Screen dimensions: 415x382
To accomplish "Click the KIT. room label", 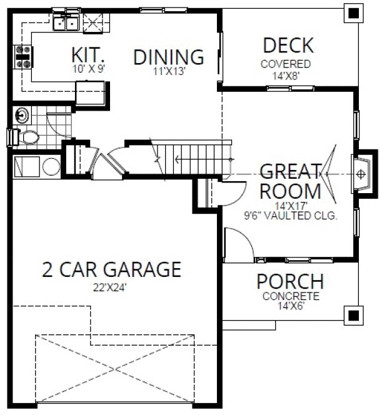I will click(x=87, y=55).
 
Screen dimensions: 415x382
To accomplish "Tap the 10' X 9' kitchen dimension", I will click(x=87, y=69).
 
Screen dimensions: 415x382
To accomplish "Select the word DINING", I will click(x=169, y=57).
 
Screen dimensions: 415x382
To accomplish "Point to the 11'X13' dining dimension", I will click(x=169, y=71).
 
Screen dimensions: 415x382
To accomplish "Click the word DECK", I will click(x=288, y=46).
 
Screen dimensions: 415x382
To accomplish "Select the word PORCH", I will click(x=290, y=282).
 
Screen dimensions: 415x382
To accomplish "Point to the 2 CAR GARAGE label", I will click(x=111, y=270).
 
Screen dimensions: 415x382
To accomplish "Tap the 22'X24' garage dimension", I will click(x=111, y=288).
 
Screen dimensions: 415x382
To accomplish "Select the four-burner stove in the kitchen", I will click(x=24, y=57).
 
